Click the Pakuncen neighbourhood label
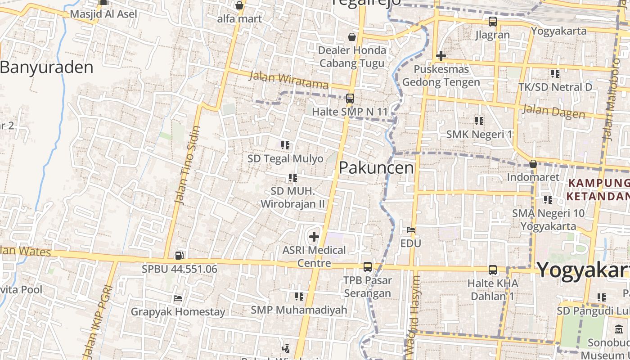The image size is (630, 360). click(376, 168)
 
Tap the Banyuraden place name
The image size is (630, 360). click(46, 67)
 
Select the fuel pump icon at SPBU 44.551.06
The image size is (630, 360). click(179, 256)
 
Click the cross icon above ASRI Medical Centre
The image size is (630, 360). click(314, 237)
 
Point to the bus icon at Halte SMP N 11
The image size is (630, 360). click(350, 98)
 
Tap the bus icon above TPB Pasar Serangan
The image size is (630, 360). click(368, 267)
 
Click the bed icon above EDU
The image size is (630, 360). click(410, 230)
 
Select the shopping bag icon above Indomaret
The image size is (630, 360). click(533, 164)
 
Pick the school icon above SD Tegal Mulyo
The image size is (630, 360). click(285, 145)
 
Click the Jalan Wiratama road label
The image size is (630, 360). click(288, 80)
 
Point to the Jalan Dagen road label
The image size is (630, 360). click(553, 111)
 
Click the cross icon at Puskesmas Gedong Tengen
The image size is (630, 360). click(441, 56)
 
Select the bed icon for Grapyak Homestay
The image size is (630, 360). click(178, 298)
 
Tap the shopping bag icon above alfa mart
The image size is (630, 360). click(239, 5)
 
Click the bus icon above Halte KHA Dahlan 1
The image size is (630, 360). click(493, 270)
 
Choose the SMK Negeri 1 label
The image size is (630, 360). click(479, 134)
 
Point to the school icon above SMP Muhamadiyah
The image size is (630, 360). click(299, 297)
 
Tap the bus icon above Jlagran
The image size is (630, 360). click(493, 21)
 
